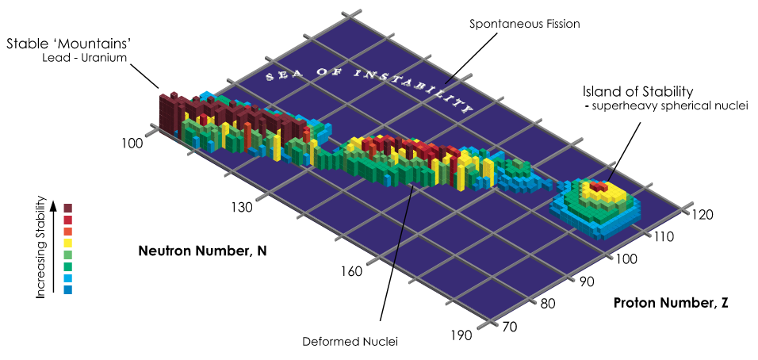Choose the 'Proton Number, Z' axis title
click(671, 302)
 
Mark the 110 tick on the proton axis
click(667, 236)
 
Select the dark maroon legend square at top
click(68, 208)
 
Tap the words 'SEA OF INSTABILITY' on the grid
click(369, 88)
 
